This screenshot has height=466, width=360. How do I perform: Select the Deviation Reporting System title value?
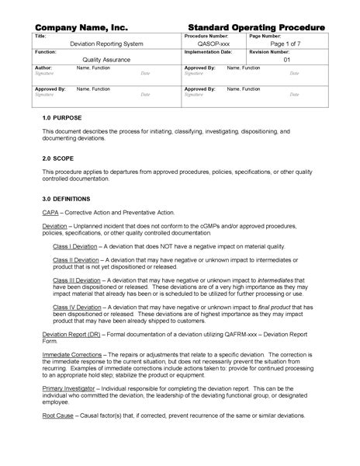[106, 44]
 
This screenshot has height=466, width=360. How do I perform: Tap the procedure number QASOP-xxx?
[214, 44]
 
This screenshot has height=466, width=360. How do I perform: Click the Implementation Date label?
[208, 52]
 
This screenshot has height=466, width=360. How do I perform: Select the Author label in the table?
[43, 68]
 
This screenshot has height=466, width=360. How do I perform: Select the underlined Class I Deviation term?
[75, 245]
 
